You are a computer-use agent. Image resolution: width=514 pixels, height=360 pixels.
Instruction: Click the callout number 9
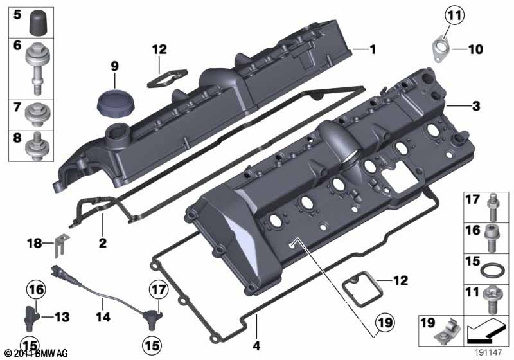coord(114,65)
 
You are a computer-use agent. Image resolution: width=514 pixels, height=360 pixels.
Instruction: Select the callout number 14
coord(103,317)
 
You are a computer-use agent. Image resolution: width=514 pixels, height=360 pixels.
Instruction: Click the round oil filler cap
coord(112,102)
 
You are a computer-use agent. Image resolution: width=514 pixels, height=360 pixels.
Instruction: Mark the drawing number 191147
coord(490,353)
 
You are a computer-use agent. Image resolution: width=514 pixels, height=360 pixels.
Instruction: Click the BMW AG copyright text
coord(36,353)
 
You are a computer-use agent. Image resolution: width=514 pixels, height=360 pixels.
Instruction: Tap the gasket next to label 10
coord(441,48)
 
